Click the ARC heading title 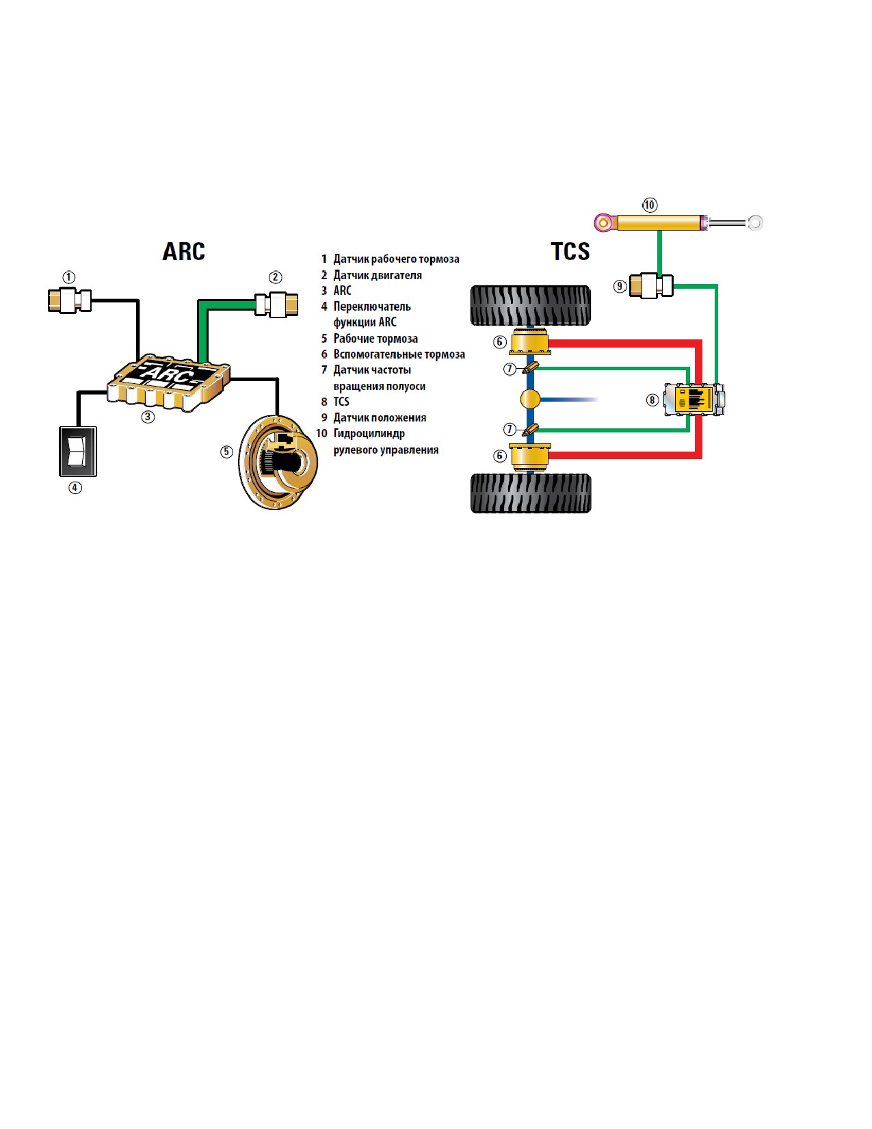coord(184,252)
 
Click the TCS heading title coord(570,252)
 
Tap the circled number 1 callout coord(68,277)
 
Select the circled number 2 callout coord(275,277)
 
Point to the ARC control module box coord(169,383)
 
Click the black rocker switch coord(78,452)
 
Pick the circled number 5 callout coord(226,452)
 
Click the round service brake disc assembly coord(278,462)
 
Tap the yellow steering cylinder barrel coord(659,223)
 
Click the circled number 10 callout coord(650,205)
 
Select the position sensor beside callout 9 coord(651,286)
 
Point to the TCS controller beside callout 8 coord(694,400)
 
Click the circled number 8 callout coord(652,400)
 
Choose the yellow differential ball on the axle coord(530,400)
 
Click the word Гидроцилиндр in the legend coord(369,434)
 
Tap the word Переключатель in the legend coord(372,307)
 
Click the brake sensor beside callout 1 coord(70,300)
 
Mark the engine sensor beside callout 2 coord(276,304)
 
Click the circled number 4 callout coord(75,488)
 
